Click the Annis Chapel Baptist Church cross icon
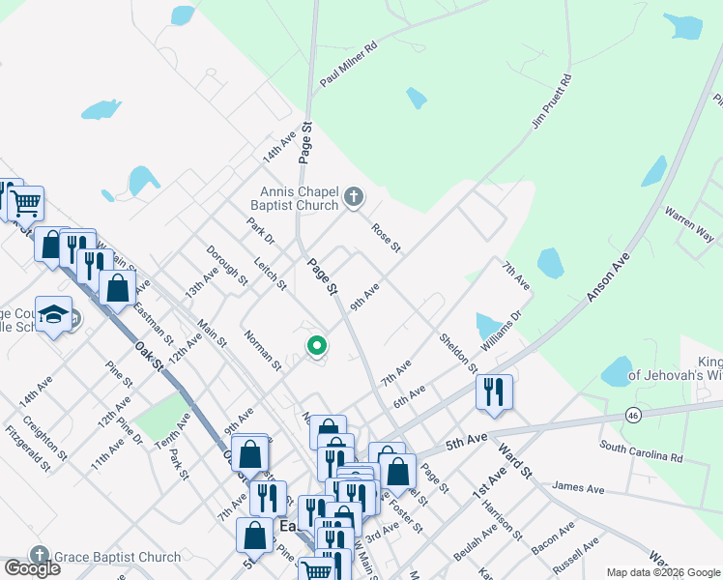coord(354,198)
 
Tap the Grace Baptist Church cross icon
coord(40,555)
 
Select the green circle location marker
coord(316,344)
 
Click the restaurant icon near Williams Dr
coord(494,391)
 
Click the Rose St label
coord(386,239)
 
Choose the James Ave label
coord(579,490)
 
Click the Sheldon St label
coord(458,354)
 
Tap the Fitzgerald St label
coord(27,449)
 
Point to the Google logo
coord(32,568)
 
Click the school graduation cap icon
coord(54,313)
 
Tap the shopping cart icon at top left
coord(26,203)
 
